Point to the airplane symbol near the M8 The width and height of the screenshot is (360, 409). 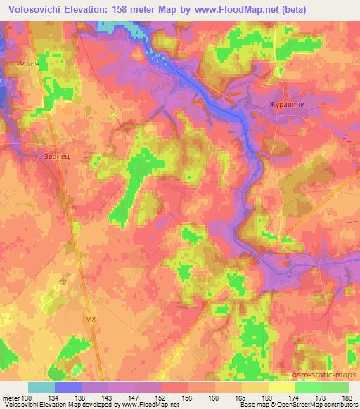65,280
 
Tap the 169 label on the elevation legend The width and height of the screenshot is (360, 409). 268,397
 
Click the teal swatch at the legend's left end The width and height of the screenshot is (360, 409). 41,387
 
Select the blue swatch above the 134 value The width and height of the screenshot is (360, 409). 68,387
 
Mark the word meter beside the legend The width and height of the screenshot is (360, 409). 11,397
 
